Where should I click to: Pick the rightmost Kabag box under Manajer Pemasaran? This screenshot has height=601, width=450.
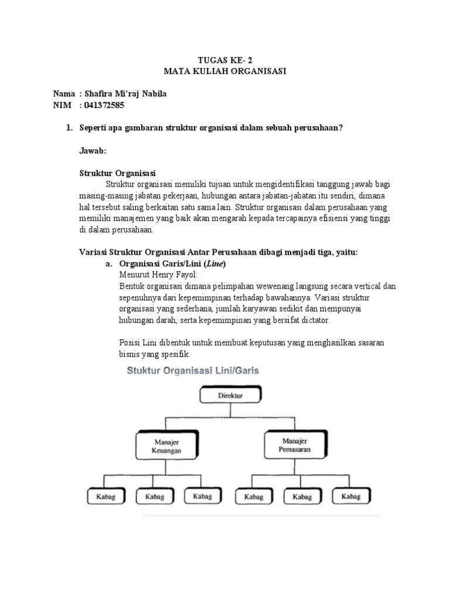350,497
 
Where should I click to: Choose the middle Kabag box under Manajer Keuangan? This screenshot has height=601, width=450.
151,497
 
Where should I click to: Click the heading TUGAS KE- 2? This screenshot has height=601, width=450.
225,59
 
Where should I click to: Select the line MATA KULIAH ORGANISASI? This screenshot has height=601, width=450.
225,71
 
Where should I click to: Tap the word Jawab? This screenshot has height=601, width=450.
93,151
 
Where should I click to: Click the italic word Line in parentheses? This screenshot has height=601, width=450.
214,264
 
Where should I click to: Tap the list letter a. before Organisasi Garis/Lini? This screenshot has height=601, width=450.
109,264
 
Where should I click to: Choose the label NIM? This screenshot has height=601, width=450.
62,106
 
